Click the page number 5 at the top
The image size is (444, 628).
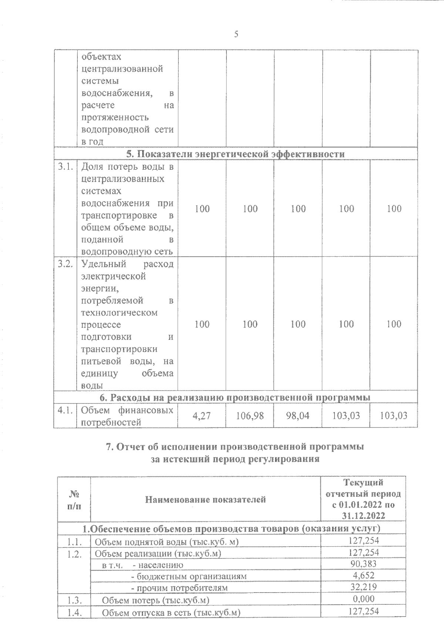(236, 35)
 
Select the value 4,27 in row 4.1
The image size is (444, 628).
(202, 416)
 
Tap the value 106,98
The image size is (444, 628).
(250, 416)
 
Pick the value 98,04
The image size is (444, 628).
(298, 416)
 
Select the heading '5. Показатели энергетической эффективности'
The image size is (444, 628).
(236, 154)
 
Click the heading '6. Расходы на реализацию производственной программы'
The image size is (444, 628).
(236, 398)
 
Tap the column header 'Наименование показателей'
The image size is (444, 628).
(205, 500)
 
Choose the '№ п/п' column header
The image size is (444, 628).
(74, 500)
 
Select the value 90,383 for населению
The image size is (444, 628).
(363, 564)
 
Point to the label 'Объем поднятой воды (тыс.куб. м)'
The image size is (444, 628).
(167, 542)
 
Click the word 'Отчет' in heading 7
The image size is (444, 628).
(130, 447)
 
